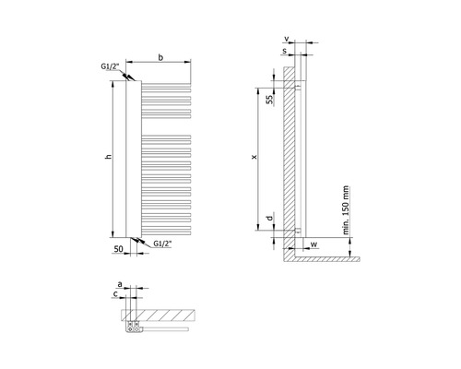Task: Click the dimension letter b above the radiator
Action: pyautogui.click(x=160, y=57)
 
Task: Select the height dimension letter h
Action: pyautogui.click(x=108, y=157)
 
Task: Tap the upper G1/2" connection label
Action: pyautogui.click(x=110, y=66)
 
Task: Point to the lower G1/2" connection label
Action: pyautogui.click(x=162, y=244)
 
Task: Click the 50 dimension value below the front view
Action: pyautogui.click(x=118, y=249)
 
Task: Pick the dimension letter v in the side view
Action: pyautogui.click(x=287, y=39)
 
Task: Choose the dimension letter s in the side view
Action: pyautogui.click(x=285, y=51)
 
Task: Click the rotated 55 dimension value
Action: pyautogui.click(x=270, y=100)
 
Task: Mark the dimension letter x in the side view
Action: pyautogui.click(x=254, y=157)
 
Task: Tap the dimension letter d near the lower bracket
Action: pyautogui.click(x=269, y=218)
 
